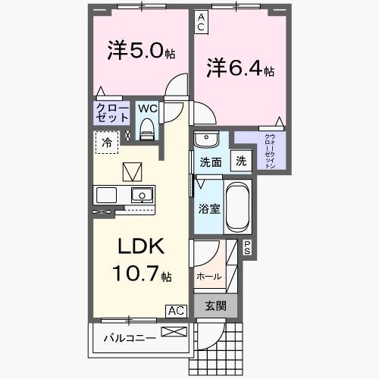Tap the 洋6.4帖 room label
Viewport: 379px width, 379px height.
[x=240, y=70]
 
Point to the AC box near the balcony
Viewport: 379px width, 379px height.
[x=176, y=311]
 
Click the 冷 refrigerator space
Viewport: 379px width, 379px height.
[x=107, y=141]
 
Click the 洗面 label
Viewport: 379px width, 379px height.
[x=210, y=161]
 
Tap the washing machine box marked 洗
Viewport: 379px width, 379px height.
[x=240, y=161]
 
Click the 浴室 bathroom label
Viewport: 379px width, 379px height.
[x=209, y=208]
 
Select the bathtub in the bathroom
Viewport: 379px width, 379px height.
[x=237, y=206]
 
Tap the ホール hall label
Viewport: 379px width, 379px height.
[x=208, y=276]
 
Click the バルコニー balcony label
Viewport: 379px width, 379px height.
[x=130, y=337]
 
